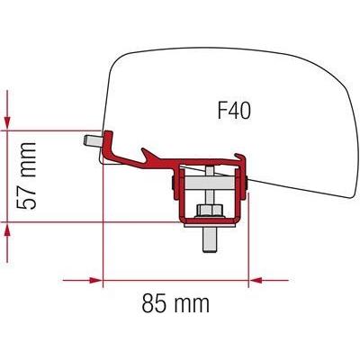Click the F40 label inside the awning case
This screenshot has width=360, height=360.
tap(234, 111)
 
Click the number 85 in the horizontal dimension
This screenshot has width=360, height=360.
tap(154, 303)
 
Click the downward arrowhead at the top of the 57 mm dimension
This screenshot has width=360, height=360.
tap(7, 121)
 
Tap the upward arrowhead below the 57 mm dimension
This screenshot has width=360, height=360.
tap(7, 231)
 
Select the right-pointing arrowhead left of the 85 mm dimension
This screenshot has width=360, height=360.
tap(96, 281)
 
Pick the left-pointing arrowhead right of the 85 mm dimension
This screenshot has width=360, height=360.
tap(256, 281)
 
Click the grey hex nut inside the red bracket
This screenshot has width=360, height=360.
tap(210, 210)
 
